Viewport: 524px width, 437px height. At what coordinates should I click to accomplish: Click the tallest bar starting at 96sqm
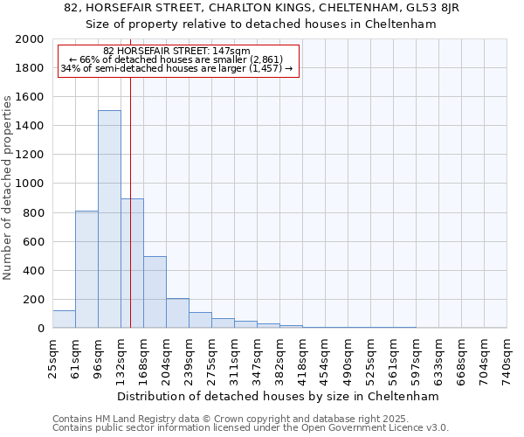click(109, 218)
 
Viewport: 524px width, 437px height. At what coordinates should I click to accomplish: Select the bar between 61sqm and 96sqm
click(86, 269)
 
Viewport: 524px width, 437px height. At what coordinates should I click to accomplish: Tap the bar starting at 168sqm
click(155, 292)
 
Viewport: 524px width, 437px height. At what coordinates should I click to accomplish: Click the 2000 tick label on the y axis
click(30, 39)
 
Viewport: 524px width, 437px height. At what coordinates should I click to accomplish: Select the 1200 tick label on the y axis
click(30, 155)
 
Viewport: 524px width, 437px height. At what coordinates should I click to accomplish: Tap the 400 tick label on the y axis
click(33, 271)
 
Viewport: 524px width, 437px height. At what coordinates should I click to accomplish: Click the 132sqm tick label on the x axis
click(121, 357)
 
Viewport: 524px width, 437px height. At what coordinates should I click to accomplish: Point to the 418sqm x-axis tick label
click(303, 357)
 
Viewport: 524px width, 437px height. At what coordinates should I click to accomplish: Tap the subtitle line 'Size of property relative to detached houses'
click(261, 24)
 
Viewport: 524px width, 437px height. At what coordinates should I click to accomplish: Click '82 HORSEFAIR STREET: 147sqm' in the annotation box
click(176, 52)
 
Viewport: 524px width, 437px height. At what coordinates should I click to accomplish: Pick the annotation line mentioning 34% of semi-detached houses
click(177, 69)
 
